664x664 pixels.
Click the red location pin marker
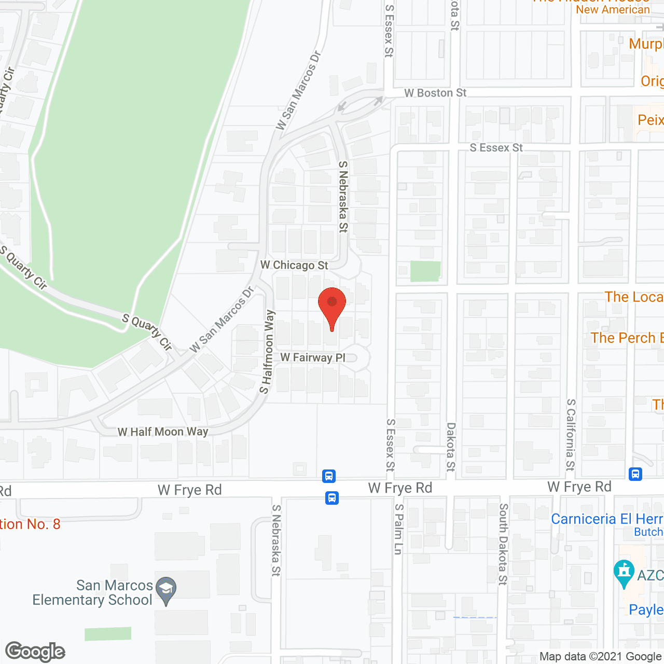332,306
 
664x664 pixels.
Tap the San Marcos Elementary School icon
166,590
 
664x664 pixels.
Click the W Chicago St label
294,265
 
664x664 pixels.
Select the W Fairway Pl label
313,357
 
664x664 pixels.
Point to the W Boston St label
435,93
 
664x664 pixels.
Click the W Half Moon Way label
163,432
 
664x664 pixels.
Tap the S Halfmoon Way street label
267,352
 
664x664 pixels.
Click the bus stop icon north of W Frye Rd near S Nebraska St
329,476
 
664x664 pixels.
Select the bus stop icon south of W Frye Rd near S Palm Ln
332,498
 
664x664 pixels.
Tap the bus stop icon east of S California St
635,474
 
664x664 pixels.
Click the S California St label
571,435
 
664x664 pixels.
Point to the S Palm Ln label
398,529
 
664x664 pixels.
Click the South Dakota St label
503,544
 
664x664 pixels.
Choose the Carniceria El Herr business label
607,519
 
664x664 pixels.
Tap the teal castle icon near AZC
624,573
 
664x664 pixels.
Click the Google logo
35,652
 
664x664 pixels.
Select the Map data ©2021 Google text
601,657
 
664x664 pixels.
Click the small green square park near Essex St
425,271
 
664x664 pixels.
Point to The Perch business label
627,338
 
